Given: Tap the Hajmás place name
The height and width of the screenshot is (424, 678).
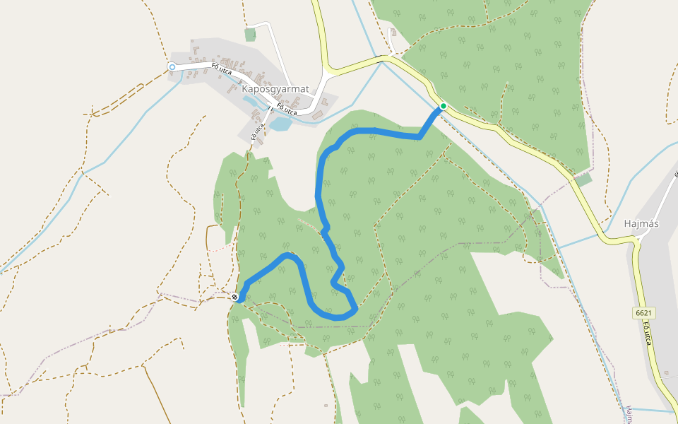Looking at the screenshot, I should pyautogui.click(x=641, y=223).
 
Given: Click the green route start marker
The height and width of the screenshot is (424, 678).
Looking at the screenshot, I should pyautogui.click(x=443, y=106).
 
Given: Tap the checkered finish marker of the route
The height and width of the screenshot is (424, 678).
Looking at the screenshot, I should pyautogui.click(x=234, y=297).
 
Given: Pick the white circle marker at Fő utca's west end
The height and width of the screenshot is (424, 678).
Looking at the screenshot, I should pyautogui.click(x=172, y=67).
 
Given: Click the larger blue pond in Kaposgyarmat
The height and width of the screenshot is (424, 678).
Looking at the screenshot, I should pyautogui.click(x=280, y=124).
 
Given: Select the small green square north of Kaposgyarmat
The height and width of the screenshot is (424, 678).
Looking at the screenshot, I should pyautogui.click(x=250, y=34).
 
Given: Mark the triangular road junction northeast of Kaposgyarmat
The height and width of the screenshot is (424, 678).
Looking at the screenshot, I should pyautogui.click(x=326, y=71).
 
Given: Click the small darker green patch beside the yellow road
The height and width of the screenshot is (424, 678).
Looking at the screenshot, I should pyautogui.click(x=583, y=180).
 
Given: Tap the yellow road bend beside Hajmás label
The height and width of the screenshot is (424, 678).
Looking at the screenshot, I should pyautogui.click(x=634, y=240).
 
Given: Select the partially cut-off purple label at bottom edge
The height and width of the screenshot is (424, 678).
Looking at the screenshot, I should pyautogui.click(x=629, y=413).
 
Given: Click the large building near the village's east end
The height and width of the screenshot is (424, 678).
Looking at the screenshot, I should pyautogui.click(x=318, y=114).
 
